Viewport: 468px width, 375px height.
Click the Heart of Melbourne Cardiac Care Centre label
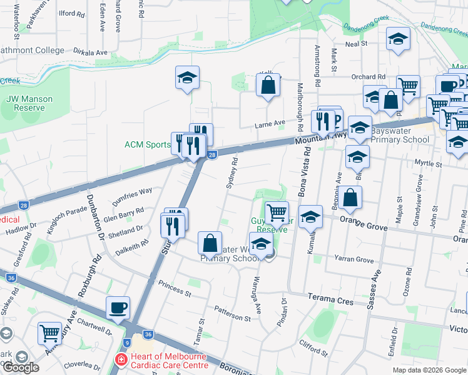pyautogui.click(x=168, y=361)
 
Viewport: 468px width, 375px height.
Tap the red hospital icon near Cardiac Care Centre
pyautogui.click(x=120, y=360)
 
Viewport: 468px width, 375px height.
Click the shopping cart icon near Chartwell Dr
pyautogui.click(x=49, y=333)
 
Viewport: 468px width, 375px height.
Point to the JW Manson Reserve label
pyautogui.click(x=29, y=103)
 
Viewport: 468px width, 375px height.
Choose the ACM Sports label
pyautogui.click(x=147, y=145)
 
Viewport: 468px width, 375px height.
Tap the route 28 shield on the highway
pyautogui.click(x=212, y=154)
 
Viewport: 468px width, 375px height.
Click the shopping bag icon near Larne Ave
pyautogui.click(x=268, y=86)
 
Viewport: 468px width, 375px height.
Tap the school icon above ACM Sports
pyautogui.click(x=187, y=78)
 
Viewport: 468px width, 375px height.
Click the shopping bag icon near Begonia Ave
pyautogui.click(x=352, y=197)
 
